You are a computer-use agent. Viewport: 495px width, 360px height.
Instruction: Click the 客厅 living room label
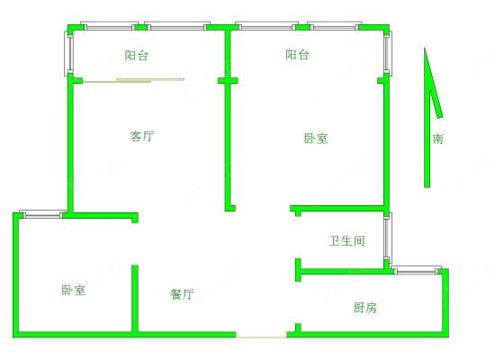coord(142,136)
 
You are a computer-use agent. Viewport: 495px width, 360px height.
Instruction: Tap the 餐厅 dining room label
coord(182,294)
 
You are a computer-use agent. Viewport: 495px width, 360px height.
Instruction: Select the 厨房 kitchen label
coord(364,307)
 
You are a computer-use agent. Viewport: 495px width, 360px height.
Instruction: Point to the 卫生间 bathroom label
coord(346,241)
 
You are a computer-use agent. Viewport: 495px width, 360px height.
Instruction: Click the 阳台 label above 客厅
coord(137,55)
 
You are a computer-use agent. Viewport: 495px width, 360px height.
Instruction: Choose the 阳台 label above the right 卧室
coord(297,55)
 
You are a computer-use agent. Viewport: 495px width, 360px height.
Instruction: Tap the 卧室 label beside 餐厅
coord(73,290)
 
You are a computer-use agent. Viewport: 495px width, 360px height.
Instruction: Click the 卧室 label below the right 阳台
coord(316,139)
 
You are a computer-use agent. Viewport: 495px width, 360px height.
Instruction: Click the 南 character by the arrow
coord(438,139)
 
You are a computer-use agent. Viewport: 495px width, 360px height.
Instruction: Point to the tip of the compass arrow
coord(425,48)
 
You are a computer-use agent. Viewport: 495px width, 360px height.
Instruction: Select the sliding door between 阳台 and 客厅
coord(134,80)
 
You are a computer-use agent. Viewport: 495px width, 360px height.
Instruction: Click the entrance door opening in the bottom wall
coord(261,337)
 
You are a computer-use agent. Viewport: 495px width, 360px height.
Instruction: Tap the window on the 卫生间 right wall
coord(388,238)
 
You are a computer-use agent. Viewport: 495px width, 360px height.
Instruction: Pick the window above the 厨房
coord(417,270)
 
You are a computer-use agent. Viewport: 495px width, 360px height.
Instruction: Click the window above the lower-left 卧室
coord(42,214)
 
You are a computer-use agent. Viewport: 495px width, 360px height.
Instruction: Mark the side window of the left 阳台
coord(70,53)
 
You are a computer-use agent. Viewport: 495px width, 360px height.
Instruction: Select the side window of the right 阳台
coord(388,53)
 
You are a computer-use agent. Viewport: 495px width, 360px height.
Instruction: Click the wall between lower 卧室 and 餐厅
coord(135,299)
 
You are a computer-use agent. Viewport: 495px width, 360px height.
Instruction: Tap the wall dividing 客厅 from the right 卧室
coord(228,119)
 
